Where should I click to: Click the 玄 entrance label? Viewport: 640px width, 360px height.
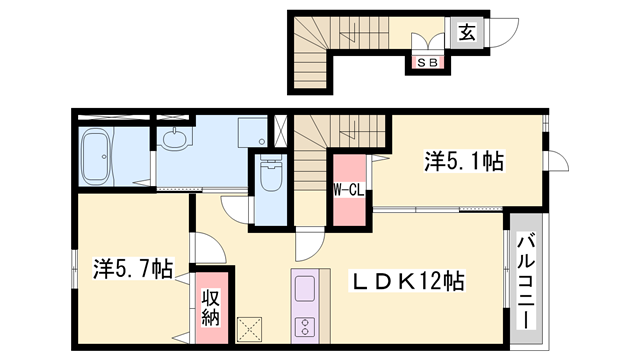click(x=467, y=31)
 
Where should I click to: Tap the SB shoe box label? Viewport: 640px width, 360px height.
click(x=426, y=63)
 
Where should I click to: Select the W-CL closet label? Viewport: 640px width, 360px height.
click(x=347, y=189)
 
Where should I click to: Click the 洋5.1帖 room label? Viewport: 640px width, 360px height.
click(x=463, y=160)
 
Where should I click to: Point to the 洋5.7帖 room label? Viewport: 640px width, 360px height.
click(x=133, y=268)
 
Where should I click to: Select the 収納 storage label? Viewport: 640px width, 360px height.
click(x=211, y=306)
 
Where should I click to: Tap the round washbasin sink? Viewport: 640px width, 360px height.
click(x=176, y=141)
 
